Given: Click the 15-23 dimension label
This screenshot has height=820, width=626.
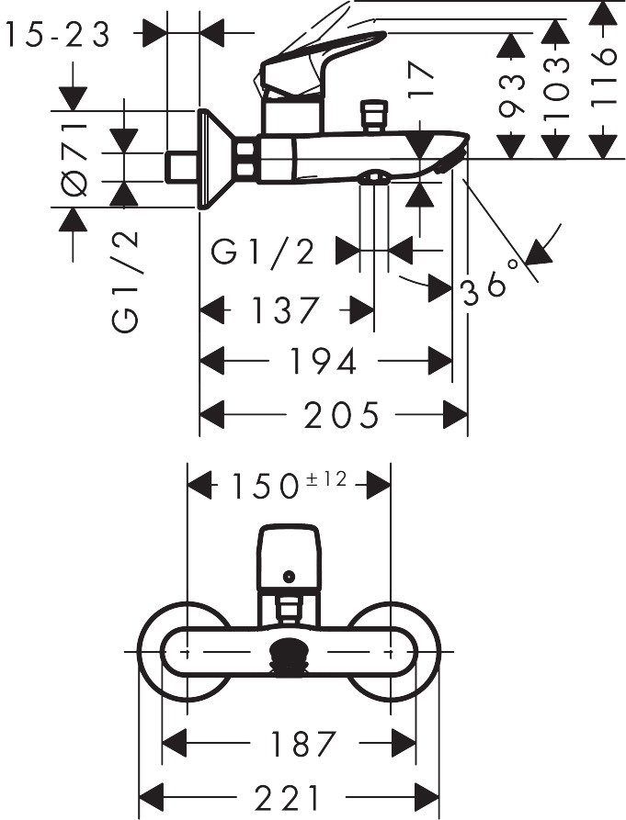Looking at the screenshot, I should click(x=57, y=34).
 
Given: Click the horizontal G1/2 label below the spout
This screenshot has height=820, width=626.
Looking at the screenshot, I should click(x=264, y=250).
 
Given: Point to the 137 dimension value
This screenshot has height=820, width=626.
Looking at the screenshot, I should click(x=285, y=310).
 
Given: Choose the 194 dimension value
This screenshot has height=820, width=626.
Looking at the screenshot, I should click(x=324, y=362).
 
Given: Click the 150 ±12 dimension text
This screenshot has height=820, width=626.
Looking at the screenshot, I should click(x=288, y=484).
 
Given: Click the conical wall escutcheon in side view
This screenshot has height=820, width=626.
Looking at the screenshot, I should click(x=215, y=158).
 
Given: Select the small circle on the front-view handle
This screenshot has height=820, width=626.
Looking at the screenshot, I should click(x=290, y=577).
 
